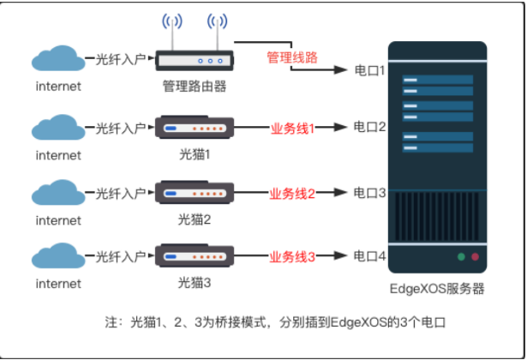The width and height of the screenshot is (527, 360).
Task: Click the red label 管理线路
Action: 292,57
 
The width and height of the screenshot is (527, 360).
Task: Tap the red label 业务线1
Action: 292,129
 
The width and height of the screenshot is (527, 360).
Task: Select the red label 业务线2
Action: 292,194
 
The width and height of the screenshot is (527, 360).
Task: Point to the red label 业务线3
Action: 292,257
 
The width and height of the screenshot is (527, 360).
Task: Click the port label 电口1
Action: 369,70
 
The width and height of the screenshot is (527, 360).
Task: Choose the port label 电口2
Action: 369,127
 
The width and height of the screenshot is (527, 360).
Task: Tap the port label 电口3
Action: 369,193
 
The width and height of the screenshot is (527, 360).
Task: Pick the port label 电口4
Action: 369,256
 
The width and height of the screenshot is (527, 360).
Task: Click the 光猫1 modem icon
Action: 195,127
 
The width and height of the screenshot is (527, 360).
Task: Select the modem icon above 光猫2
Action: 195,192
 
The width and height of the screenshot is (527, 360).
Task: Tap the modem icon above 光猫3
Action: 195,255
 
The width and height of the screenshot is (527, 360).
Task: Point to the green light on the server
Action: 461,257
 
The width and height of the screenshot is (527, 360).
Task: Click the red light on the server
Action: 475,257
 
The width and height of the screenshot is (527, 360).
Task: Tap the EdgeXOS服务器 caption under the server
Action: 437,289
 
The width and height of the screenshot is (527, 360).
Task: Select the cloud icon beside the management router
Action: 58,58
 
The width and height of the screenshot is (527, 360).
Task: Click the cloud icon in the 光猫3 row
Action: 58,255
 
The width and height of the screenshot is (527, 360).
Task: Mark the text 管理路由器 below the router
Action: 195,87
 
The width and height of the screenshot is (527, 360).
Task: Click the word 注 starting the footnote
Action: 111,322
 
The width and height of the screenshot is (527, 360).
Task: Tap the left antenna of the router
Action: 172,33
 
